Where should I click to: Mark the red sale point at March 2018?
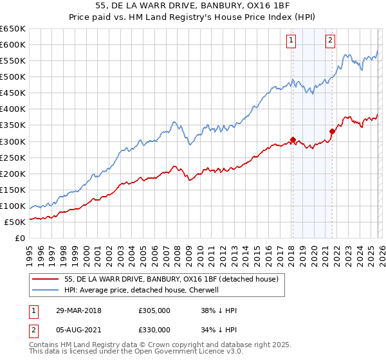click(x=293, y=139)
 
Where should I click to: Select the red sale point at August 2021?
click(x=332, y=131)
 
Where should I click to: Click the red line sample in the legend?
click(x=45, y=279)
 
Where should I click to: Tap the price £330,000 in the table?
click(x=154, y=330)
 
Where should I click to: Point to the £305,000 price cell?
click(x=154, y=310)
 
